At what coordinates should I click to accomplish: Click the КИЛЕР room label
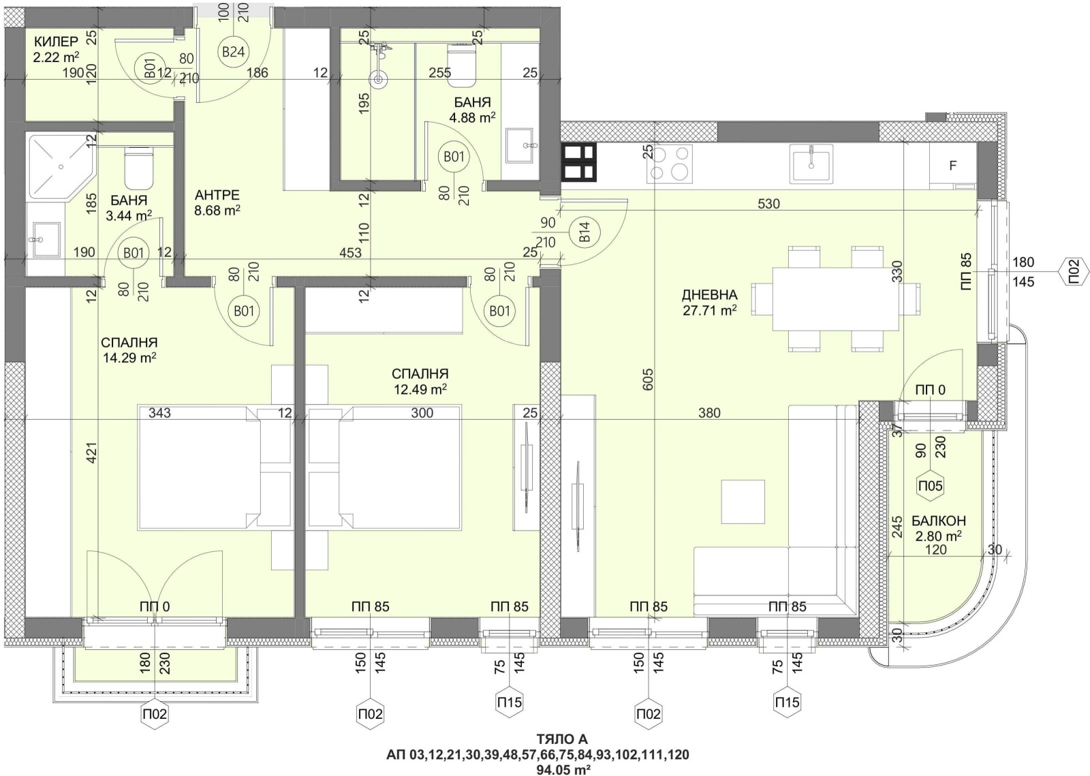(x=56, y=41)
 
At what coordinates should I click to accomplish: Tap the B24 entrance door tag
(x=233, y=52)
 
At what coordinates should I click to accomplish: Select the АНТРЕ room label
(x=217, y=195)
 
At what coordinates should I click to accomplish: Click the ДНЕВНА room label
(x=709, y=295)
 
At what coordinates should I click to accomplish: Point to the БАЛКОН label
(x=939, y=521)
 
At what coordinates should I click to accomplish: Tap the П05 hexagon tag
(x=931, y=486)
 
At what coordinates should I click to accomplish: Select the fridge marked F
(x=953, y=166)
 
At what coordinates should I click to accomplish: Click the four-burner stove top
(x=669, y=164)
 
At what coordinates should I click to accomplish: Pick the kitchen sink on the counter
(x=811, y=164)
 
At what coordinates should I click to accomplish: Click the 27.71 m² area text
(x=709, y=311)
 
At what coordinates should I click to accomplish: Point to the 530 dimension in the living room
(x=769, y=204)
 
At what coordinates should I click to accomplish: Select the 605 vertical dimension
(x=648, y=379)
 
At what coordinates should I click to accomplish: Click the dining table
(x=835, y=299)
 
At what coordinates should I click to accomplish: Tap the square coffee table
(x=743, y=501)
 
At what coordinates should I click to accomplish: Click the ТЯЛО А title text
(x=562, y=739)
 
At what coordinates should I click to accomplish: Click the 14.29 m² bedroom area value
(x=129, y=358)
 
